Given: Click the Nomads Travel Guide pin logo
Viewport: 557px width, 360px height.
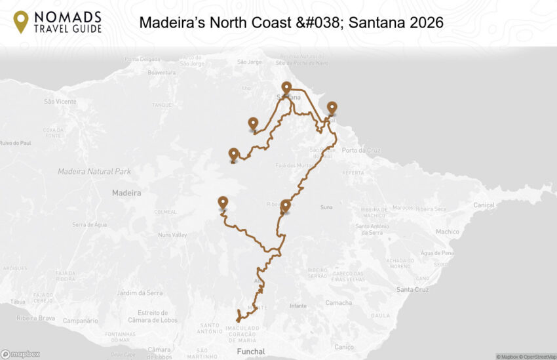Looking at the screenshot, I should (21, 22).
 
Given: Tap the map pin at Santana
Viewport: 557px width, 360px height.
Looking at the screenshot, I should (286, 88).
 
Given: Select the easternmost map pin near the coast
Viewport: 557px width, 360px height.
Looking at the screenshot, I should (332, 108).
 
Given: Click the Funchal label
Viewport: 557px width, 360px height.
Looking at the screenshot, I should (251, 351).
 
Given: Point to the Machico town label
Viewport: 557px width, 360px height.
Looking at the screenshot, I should (448, 231).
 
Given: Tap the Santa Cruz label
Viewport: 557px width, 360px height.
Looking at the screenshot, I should (413, 289).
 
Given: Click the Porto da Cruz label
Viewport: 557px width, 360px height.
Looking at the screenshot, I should (360, 150).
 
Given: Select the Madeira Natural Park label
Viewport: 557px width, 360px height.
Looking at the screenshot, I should (94, 171).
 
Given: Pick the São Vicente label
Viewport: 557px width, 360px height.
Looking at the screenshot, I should (60, 102).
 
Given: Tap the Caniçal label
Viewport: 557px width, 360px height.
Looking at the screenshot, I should (484, 205).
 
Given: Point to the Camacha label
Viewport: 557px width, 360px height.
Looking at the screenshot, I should (339, 302).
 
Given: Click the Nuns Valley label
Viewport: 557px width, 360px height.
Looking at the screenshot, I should (174, 235).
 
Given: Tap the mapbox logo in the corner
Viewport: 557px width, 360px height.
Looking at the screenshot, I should (20, 354).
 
